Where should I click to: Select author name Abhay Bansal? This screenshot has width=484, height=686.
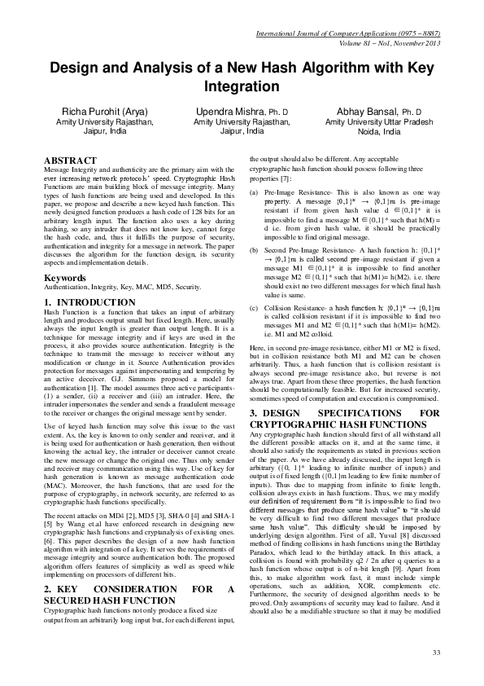(x=372, y=111)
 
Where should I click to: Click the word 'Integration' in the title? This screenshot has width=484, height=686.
(x=242, y=85)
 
